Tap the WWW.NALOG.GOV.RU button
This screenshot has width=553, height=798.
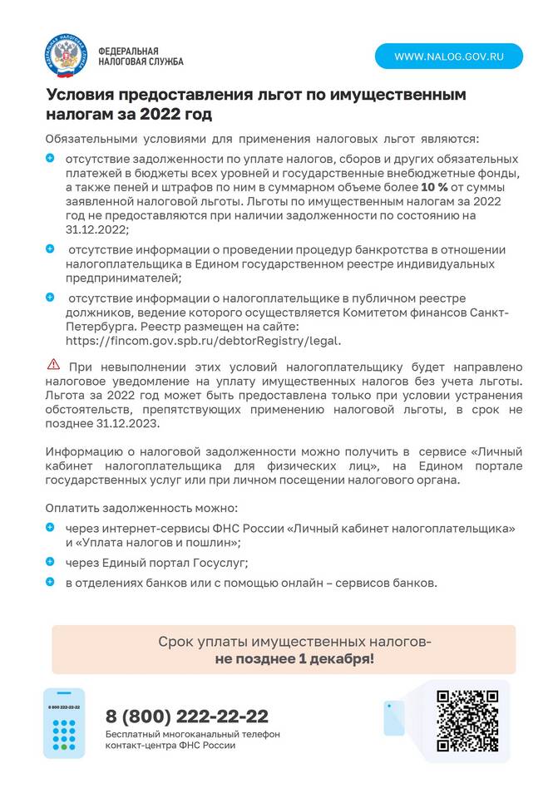(x=449, y=57)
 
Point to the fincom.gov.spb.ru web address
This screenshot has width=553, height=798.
(x=203, y=340)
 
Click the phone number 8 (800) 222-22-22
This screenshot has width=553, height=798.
(x=187, y=717)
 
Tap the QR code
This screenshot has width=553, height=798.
(x=467, y=720)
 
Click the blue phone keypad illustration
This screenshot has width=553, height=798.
(x=64, y=723)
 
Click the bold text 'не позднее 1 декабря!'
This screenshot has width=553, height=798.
(x=294, y=658)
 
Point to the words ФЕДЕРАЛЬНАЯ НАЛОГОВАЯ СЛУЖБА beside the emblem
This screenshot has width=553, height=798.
(x=141, y=56)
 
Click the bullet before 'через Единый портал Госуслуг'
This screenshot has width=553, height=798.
(x=50, y=562)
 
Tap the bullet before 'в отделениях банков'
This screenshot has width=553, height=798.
(x=50, y=582)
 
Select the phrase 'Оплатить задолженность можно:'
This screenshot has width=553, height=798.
(x=141, y=507)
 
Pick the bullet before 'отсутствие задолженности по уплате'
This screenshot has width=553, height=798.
(x=50, y=158)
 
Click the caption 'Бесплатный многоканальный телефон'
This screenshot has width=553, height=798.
(x=192, y=734)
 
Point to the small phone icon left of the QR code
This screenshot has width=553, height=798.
(x=393, y=717)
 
